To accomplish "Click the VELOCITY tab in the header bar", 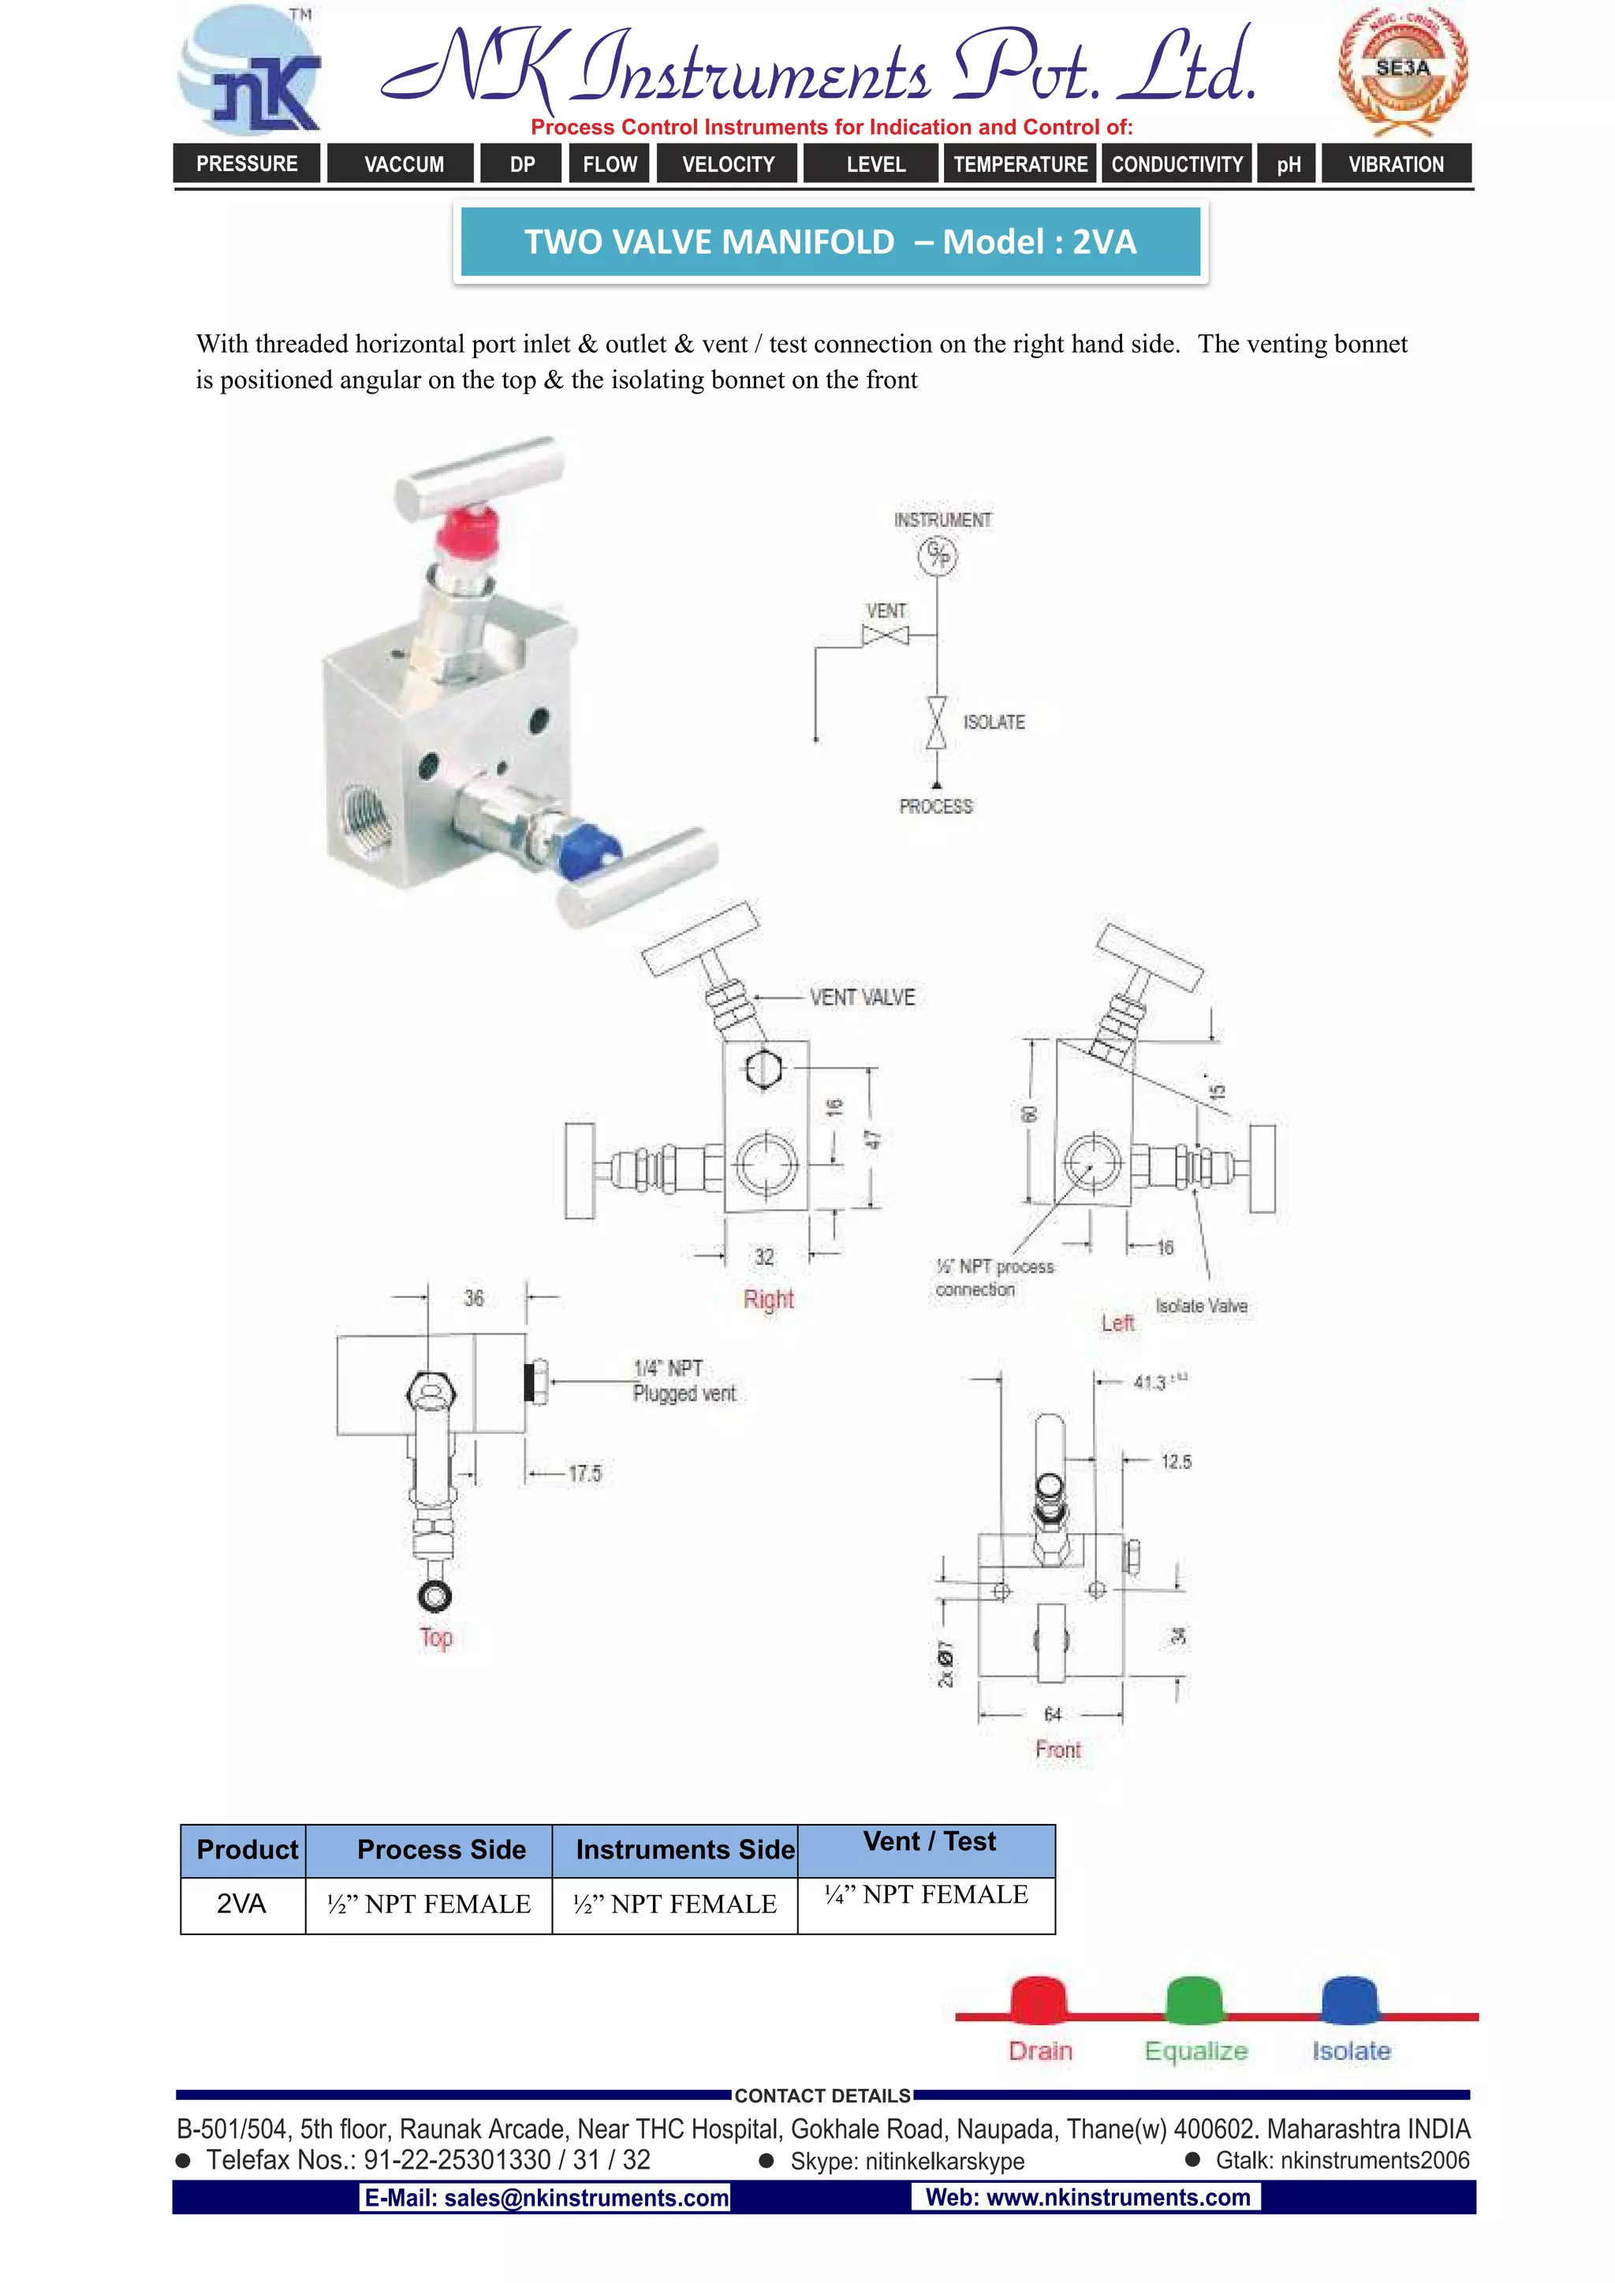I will (727, 164).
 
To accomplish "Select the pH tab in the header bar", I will (1288, 164).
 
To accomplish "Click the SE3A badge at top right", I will (1402, 69).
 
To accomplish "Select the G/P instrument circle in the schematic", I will (937, 556).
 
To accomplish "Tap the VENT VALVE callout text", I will (861, 998).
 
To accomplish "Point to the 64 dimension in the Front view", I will (1052, 1714).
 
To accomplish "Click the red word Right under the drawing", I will (768, 1299).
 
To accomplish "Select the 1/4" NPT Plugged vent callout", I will (684, 1381).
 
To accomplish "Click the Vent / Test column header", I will (928, 1841).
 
